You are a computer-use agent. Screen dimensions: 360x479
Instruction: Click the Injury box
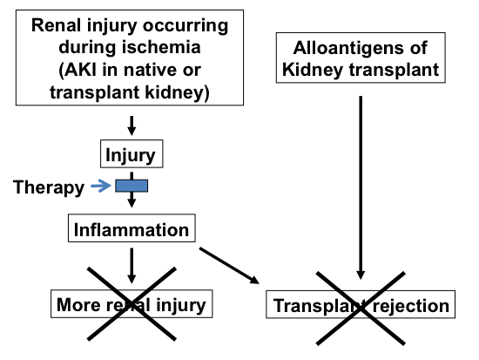[132, 156]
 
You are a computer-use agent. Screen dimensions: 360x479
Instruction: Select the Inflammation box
[132, 230]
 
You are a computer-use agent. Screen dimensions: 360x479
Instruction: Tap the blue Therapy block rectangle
[132, 186]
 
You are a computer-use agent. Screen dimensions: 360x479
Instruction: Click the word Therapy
[49, 187]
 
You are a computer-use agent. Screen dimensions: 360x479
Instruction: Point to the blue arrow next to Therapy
[102, 186]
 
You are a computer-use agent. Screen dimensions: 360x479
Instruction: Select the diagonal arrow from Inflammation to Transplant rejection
[230, 266]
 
